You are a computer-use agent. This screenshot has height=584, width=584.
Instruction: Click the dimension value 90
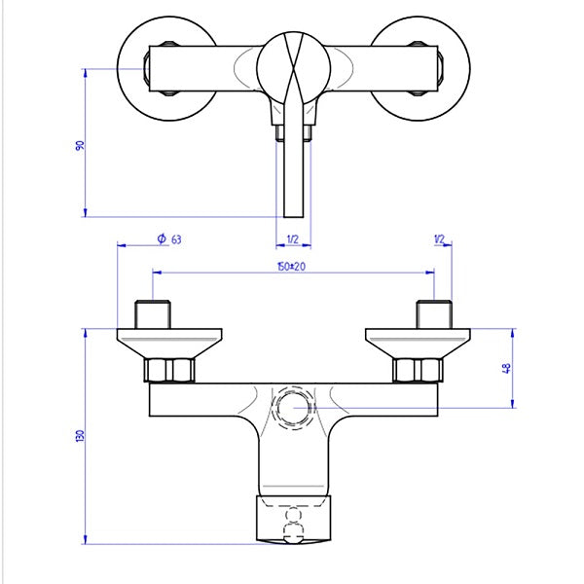coord(80,145)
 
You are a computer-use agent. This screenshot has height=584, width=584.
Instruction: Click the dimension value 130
coord(80,436)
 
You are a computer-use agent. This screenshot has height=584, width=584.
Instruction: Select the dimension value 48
coord(506,368)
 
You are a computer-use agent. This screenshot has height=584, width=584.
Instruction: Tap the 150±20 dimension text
coord(292,267)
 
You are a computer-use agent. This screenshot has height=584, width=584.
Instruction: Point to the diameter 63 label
coord(169,238)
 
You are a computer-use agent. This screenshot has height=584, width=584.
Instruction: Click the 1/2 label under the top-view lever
coord(293,239)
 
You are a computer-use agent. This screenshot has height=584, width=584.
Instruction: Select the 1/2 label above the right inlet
coord(440,239)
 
